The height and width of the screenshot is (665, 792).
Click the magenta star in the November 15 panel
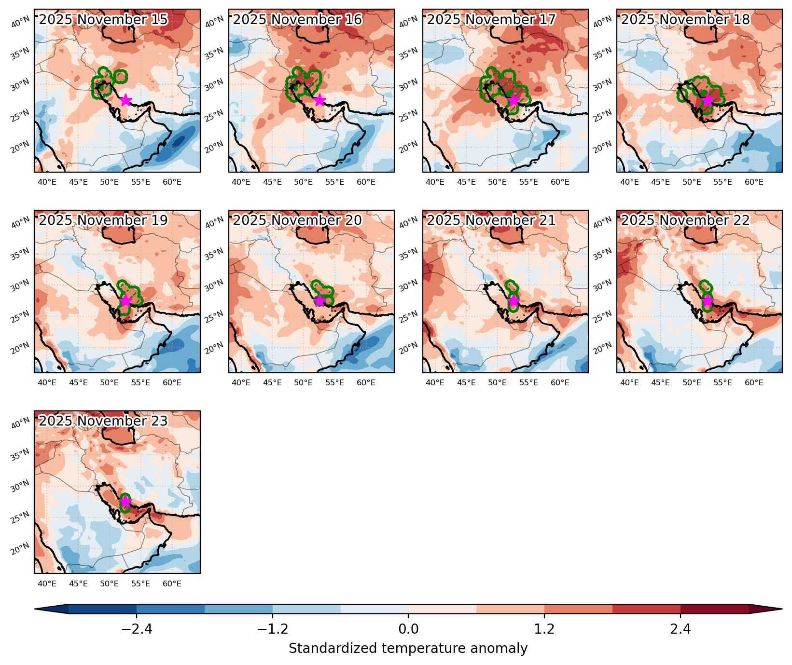[125, 100]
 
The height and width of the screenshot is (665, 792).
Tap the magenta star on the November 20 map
[320, 301]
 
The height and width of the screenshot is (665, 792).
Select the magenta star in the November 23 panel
[125, 502]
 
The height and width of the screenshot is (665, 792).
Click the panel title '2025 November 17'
[491, 20]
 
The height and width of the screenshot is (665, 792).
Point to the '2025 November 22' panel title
[685, 220]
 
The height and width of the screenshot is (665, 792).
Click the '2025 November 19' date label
[103, 220]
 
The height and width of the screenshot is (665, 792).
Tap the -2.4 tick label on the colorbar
[137, 629]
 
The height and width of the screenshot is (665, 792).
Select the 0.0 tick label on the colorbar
[408, 629]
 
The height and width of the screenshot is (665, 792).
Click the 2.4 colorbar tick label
[681, 629]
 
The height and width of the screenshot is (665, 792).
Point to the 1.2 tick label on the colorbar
[544, 629]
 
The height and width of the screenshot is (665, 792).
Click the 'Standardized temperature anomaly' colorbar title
[408, 649]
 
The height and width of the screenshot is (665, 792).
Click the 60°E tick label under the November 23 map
[172, 584]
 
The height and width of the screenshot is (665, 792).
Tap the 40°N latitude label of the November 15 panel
[20, 22]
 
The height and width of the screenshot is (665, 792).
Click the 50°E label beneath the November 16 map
[303, 182]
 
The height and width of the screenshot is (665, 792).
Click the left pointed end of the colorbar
[36, 609]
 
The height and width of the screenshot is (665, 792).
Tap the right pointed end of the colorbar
[781, 609]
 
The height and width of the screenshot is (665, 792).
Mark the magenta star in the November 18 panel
[708, 100]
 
